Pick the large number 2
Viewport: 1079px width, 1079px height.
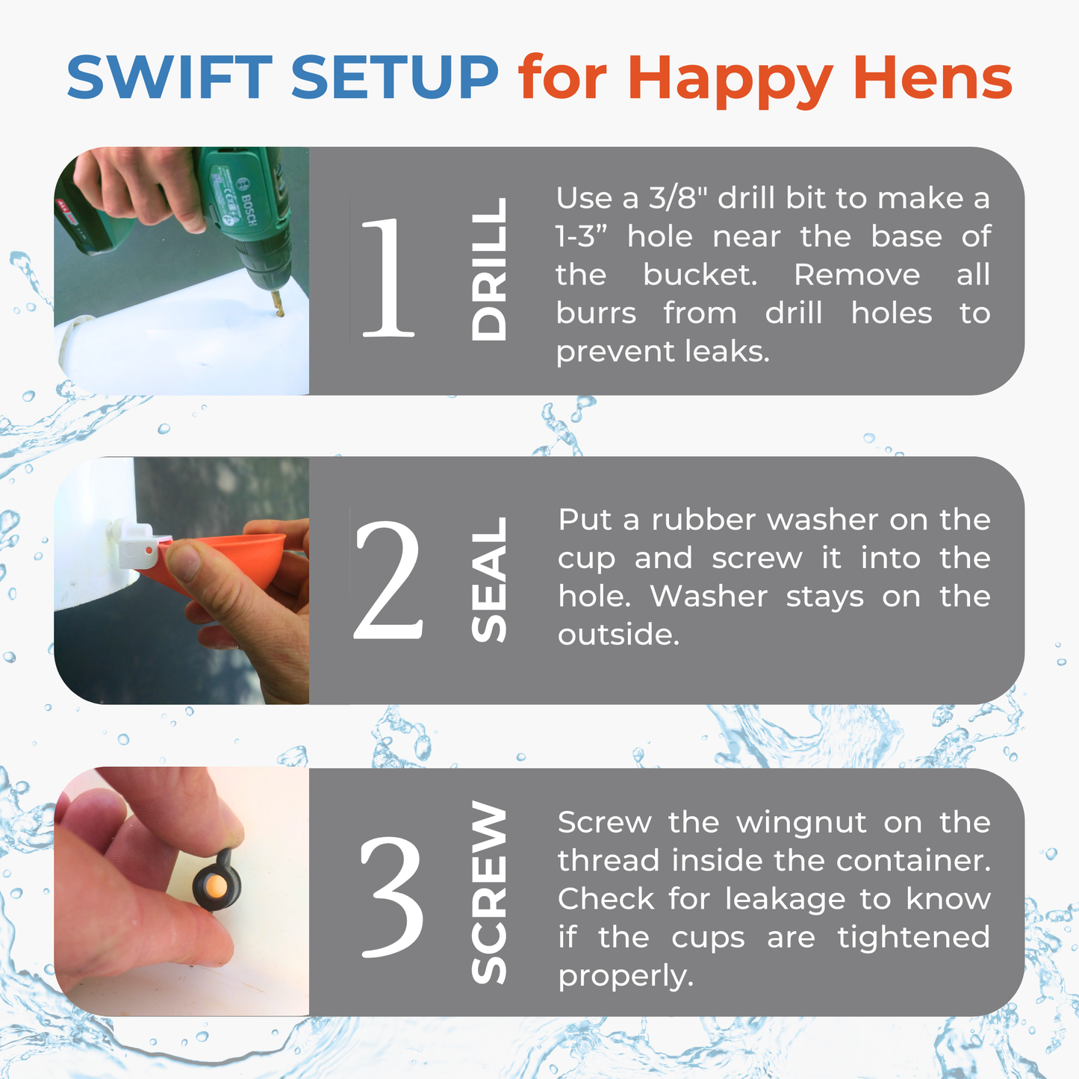388,581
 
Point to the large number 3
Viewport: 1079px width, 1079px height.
391,896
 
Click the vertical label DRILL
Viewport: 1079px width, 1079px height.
489,270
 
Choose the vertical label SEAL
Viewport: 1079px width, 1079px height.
489,580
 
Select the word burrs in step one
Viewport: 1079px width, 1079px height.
595,314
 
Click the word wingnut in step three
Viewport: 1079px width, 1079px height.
801,823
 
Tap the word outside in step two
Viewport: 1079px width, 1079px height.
618,635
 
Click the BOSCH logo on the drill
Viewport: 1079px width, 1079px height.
247,201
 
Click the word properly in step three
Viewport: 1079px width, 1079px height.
625,976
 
